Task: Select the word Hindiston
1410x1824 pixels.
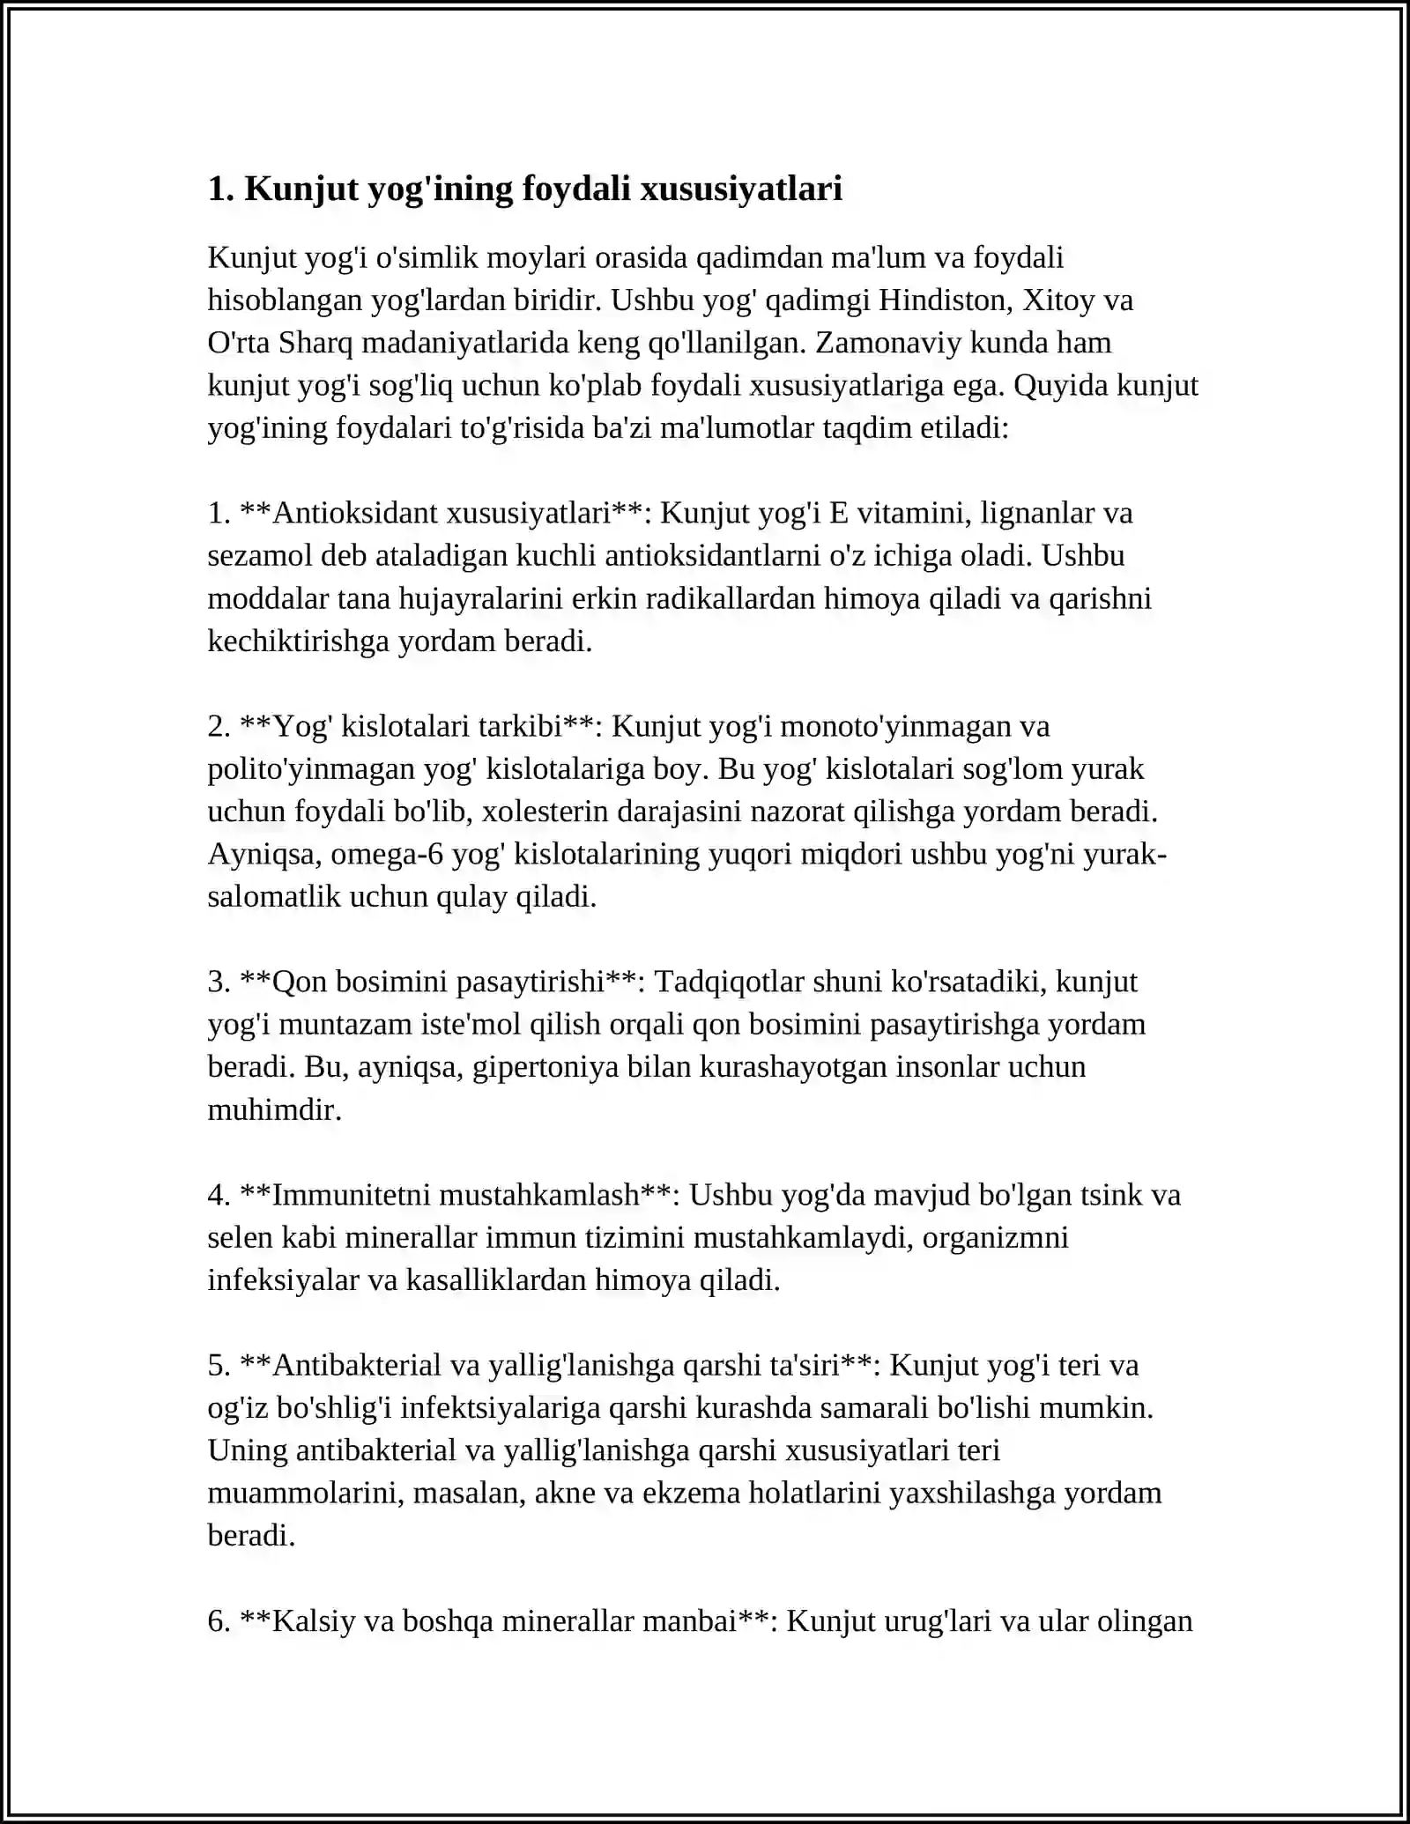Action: coord(946,300)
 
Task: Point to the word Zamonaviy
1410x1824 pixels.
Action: coord(888,343)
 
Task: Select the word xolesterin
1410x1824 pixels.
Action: coord(543,812)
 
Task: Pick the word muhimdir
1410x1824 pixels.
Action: coord(274,1110)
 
